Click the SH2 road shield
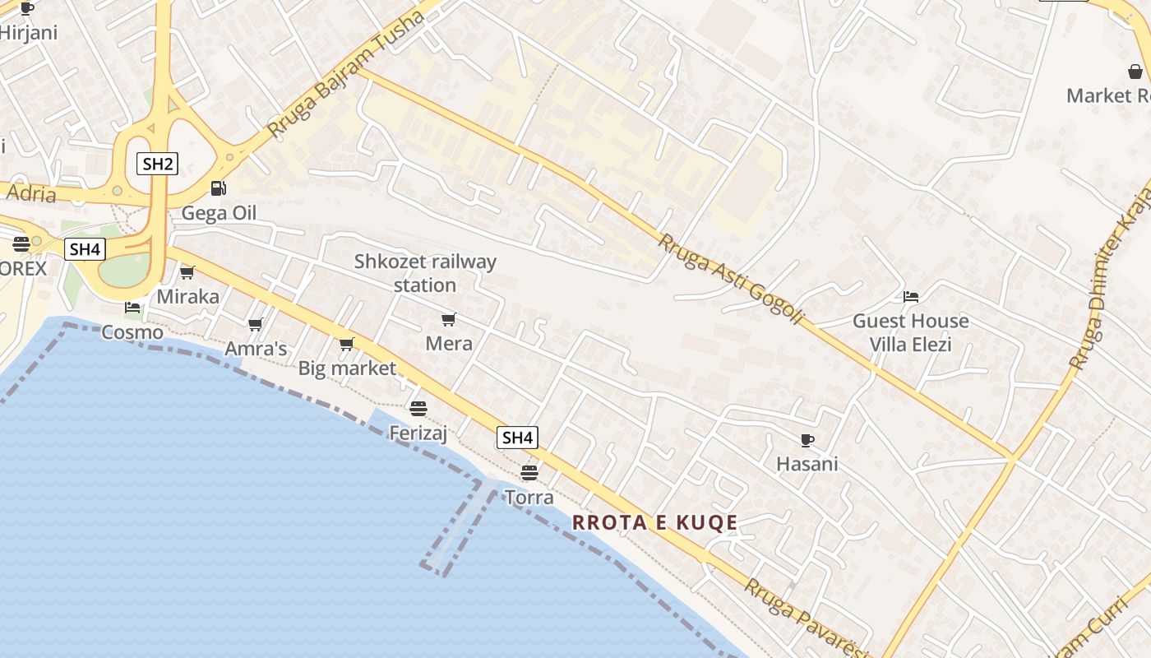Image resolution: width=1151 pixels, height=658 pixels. (158, 164)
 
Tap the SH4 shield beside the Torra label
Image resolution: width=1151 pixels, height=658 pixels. (517, 438)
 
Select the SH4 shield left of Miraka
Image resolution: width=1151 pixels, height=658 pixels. (86, 249)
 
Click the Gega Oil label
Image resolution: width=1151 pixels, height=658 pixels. (219, 213)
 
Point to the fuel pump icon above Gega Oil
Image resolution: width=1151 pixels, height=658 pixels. (218, 188)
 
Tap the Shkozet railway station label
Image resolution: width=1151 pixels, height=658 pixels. (425, 273)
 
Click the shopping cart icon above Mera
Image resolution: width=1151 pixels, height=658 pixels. (448, 319)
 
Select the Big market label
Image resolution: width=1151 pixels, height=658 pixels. (347, 368)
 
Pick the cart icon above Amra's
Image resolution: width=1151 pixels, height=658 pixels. (255, 325)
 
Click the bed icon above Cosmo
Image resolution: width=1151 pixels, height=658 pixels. (132, 308)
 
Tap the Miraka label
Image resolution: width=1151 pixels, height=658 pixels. (188, 296)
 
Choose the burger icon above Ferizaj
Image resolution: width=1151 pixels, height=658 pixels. (418, 408)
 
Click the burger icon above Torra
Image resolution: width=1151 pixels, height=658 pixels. (529, 473)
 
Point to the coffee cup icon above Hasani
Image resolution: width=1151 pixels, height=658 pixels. (807, 440)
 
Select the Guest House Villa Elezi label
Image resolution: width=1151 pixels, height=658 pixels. (910, 332)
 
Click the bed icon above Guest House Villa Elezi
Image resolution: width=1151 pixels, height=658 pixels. (910, 297)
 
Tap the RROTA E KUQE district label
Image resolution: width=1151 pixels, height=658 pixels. (654, 522)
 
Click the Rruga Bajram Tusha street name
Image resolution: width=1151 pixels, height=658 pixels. (345, 75)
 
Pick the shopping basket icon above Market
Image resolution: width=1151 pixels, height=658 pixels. (1135, 72)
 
